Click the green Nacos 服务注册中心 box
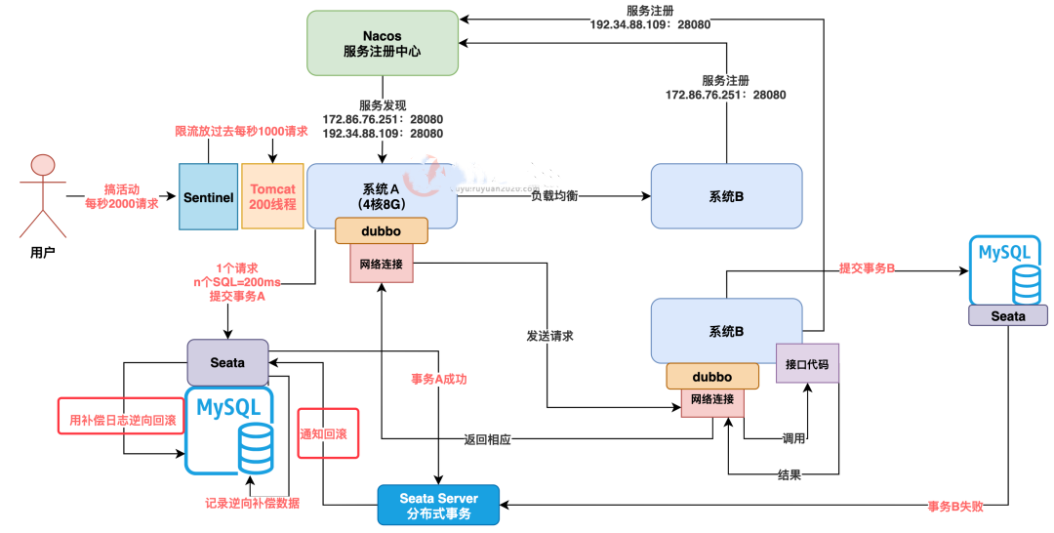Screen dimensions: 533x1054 [x=383, y=43]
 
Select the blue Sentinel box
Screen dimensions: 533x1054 [x=208, y=197]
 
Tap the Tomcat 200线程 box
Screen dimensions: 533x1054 [x=273, y=197]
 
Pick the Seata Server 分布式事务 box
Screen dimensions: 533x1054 [x=438, y=505]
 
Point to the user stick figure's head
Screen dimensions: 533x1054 [x=40, y=165]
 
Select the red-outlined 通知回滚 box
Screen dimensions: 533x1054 [x=329, y=434]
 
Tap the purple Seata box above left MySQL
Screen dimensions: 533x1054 [x=227, y=362]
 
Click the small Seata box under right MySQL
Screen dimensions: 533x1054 [x=1008, y=315]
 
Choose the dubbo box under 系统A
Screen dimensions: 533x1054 [x=382, y=231]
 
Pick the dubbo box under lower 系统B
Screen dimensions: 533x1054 [x=712, y=376]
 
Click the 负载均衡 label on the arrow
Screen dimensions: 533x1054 [x=554, y=196]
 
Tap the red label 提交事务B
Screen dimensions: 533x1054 [x=868, y=267]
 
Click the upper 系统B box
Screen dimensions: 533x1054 [x=726, y=196]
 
